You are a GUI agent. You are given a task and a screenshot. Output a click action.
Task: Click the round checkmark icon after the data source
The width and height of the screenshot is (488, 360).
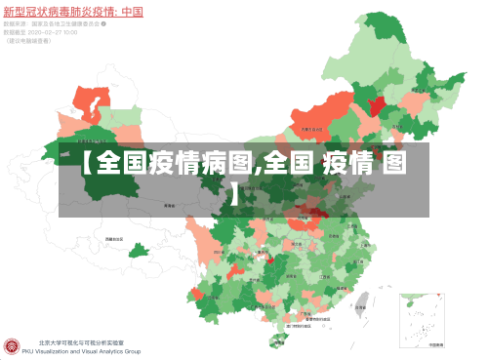coord(104,23)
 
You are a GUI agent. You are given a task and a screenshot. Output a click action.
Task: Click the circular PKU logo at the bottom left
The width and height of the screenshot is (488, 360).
coord(12,346)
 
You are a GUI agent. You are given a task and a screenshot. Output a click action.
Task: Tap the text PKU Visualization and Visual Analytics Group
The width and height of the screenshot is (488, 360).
coord(89,351)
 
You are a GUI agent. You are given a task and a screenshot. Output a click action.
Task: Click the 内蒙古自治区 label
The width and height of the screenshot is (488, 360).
coord(313,128)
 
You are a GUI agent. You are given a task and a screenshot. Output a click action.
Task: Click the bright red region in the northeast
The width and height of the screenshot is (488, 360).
coord(374,100)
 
